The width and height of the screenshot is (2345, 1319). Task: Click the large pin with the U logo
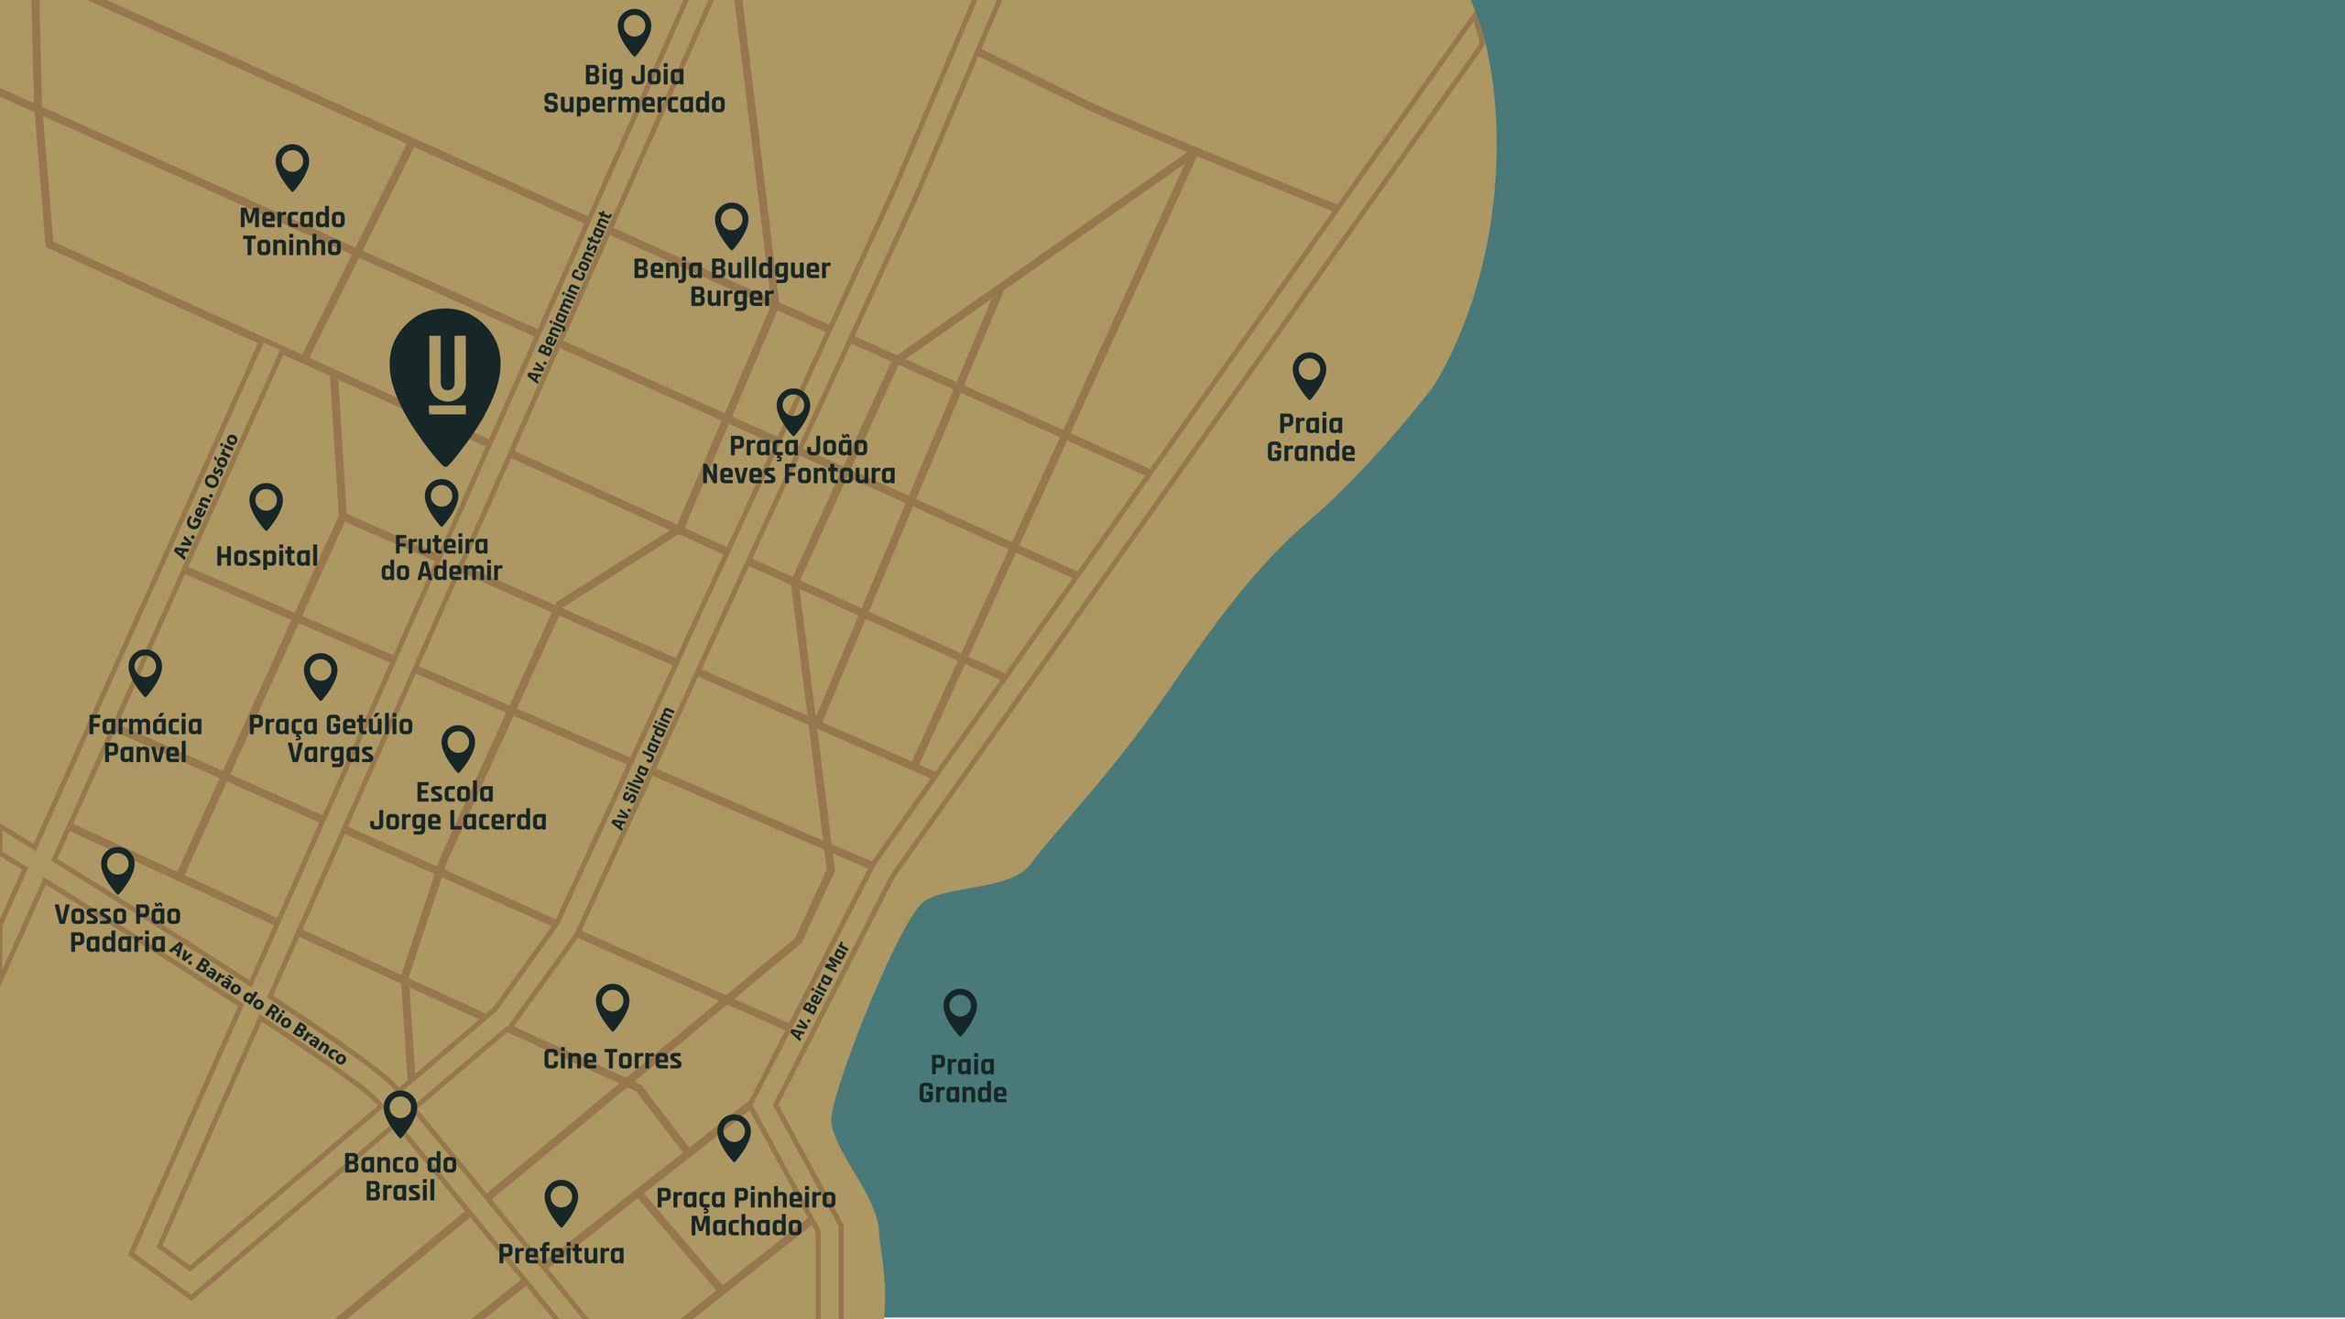(445, 376)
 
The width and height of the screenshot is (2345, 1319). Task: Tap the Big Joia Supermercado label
(634, 89)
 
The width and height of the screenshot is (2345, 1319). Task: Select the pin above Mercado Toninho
(292, 167)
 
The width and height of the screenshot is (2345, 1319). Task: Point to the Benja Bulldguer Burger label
(731, 282)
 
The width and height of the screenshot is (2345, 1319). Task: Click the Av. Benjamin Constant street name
(570, 298)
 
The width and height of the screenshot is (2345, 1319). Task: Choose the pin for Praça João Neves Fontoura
(793, 411)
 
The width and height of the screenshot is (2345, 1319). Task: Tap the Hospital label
(267, 556)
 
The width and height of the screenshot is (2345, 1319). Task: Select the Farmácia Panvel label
(145, 738)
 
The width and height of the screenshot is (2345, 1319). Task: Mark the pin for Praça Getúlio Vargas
(321, 676)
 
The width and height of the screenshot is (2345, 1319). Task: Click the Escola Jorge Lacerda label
(457, 806)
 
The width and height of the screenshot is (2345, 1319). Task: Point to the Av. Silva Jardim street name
(643, 769)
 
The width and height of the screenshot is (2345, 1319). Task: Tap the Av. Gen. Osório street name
(206, 496)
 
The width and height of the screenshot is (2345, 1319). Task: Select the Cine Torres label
(612, 1059)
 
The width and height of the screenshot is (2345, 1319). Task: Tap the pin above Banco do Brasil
(400, 1113)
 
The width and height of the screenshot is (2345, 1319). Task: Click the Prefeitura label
(561, 1254)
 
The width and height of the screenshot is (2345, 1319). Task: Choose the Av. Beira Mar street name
(820, 991)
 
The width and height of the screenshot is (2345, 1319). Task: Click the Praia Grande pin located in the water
(960, 1011)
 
